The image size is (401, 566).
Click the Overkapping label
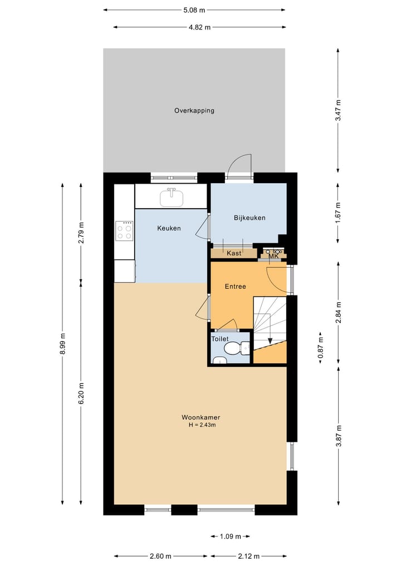pos(194,110)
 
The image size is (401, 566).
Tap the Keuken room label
pos(169,228)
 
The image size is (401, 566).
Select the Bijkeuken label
pos(249,218)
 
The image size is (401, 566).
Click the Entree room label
pos(235,287)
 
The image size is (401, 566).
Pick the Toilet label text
pos(220,338)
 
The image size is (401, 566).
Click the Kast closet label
pos(234,253)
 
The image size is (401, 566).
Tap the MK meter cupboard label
pos(273,256)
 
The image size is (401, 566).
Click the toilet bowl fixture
pos(234,349)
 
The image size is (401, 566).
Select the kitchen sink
pos(172,197)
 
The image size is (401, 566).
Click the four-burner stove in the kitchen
pos(124,230)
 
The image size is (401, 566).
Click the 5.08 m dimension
pos(194,9)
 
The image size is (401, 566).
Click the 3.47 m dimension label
pos(338,110)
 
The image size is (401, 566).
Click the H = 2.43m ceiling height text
pos(202,425)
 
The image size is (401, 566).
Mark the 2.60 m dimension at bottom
pos(160,555)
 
